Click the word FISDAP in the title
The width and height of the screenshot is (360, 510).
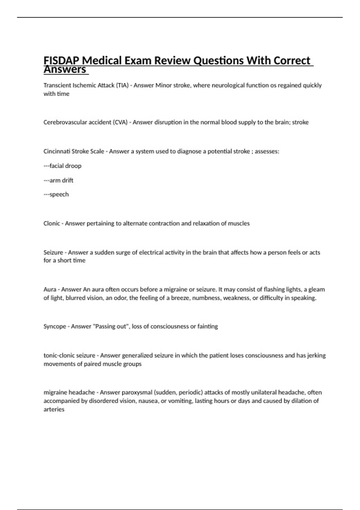(61, 61)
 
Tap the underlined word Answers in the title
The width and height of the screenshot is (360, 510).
(65, 70)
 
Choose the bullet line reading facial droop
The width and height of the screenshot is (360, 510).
(62, 166)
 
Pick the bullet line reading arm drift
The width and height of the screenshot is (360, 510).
(58, 180)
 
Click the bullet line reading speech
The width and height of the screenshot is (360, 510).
(56, 194)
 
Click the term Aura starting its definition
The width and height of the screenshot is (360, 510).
(50, 289)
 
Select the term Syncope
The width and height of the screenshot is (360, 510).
(55, 326)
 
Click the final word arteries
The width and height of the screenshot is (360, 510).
(54, 409)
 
